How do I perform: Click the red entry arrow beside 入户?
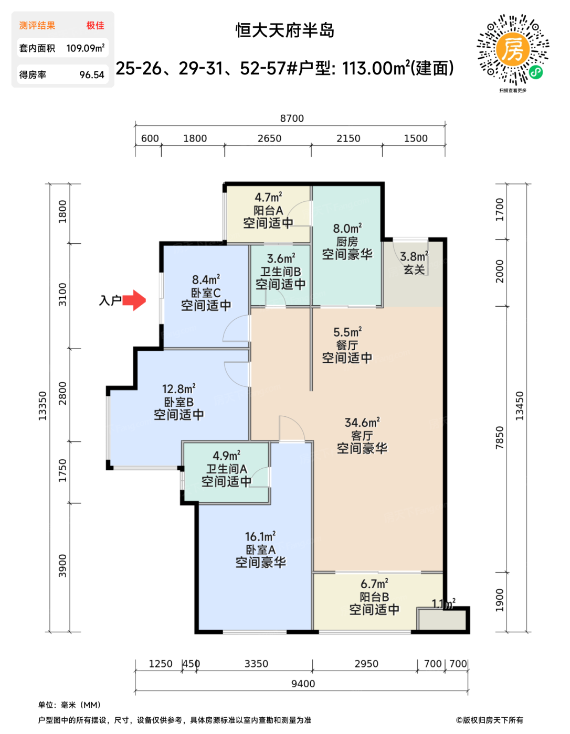[134, 300]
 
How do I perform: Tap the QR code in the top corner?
[512, 50]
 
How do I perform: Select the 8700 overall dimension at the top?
[292, 118]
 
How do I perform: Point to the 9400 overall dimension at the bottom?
[303, 684]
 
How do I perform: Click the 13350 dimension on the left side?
[43, 406]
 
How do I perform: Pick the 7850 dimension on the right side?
[499, 438]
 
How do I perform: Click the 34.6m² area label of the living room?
[362, 422]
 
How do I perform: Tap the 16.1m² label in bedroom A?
[260, 536]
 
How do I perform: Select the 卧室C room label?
[206, 293]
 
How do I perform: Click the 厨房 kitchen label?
[347, 242]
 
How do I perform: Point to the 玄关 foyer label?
[414, 269]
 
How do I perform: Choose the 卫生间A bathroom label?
[227, 469]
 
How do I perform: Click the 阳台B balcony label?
[374, 597]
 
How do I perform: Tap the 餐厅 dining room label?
[347, 345]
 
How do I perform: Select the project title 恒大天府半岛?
[285, 30]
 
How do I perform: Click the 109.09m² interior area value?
[86, 48]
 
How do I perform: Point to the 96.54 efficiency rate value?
[92, 74]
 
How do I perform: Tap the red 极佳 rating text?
[96, 25]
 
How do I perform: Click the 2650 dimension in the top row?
[269, 138]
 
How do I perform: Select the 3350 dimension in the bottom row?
[256, 664]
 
